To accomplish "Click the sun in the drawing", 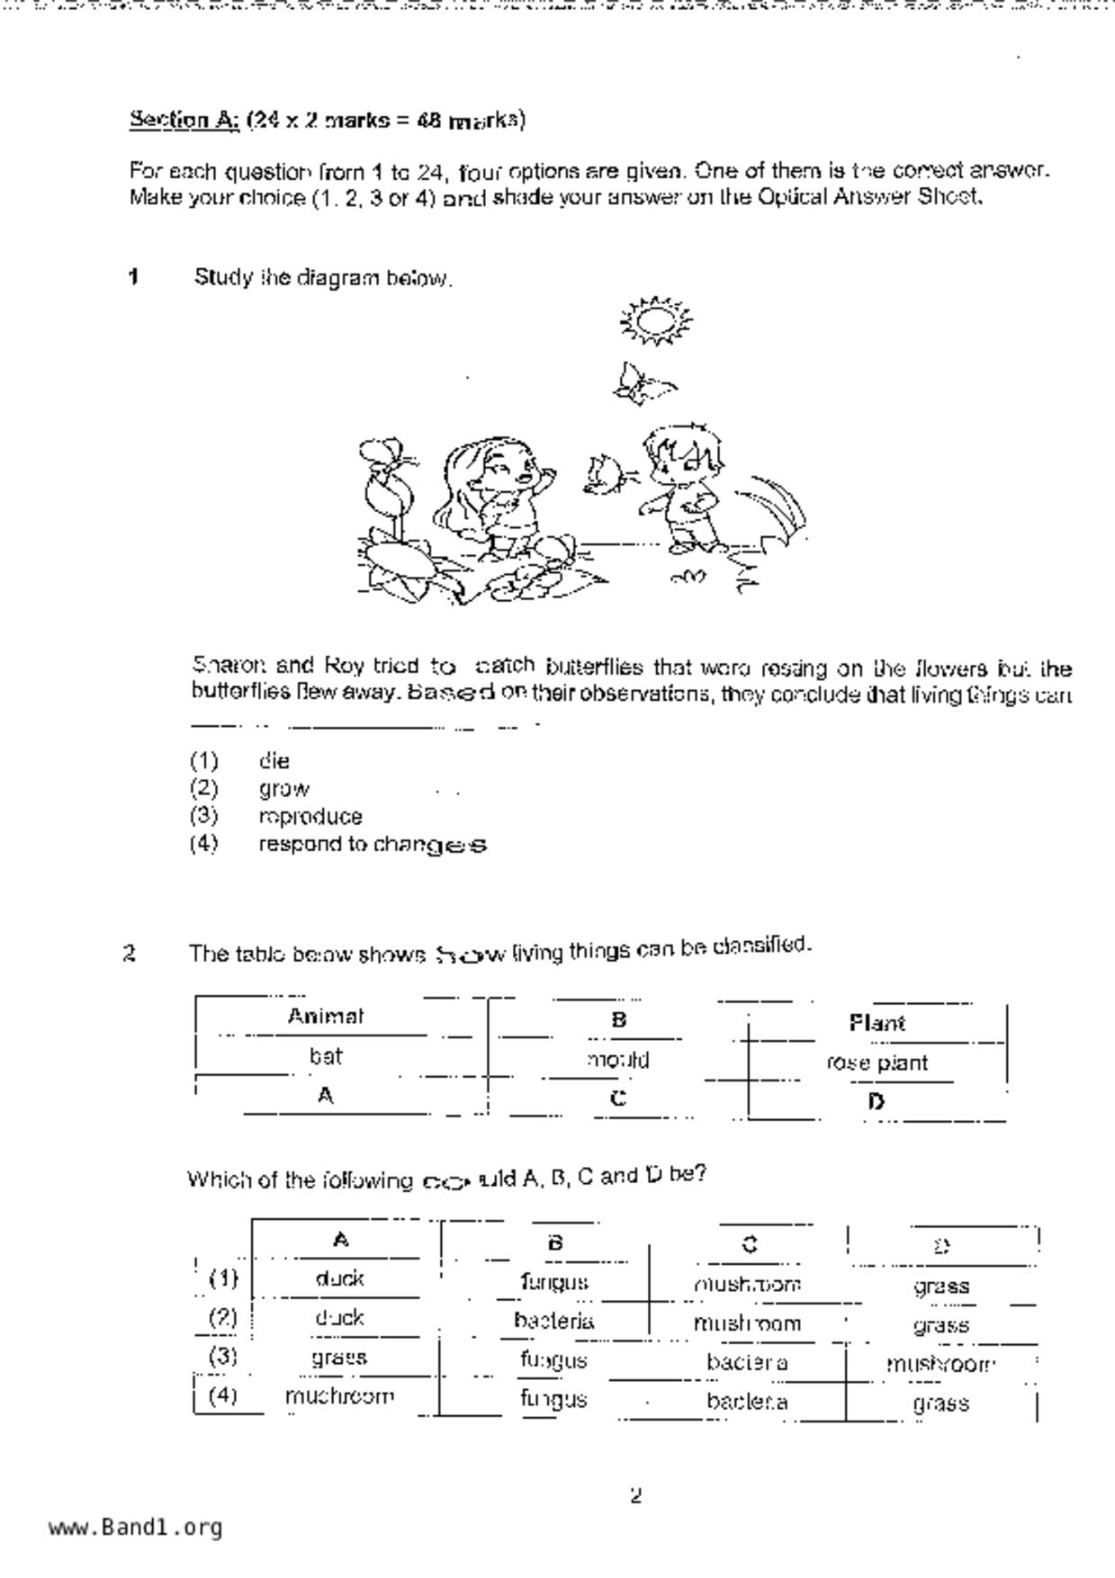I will [x=656, y=319].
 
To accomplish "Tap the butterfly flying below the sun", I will [x=642, y=383].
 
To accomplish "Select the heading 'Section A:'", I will [x=184, y=119].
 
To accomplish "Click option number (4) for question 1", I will [x=204, y=844].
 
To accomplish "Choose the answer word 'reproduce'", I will [x=310, y=817].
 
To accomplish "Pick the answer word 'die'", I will [x=274, y=761].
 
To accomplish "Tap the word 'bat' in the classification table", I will [x=325, y=1056].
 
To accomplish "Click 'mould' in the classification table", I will [x=617, y=1060].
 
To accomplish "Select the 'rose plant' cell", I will [x=877, y=1062].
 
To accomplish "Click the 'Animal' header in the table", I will [x=325, y=1017].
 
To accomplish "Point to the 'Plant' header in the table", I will [x=877, y=1023].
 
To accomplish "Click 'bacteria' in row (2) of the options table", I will [x=553, y=1321].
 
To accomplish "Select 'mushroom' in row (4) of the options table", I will [x=339, y=1396].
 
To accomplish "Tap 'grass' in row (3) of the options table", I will [x=339, y=1358].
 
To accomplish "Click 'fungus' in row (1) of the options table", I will [x=553, y=1281].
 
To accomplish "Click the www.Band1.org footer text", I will [x=135, y=1528].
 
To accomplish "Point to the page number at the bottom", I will [x=635, y=1496].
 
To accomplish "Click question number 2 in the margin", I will [x=130, y=954].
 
